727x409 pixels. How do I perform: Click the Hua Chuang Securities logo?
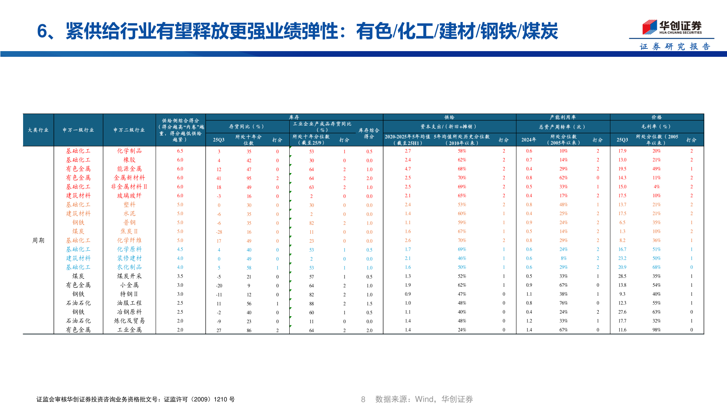tap(672, 27)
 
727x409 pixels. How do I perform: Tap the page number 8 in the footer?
tap(363, 399)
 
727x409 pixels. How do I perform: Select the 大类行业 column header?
tap(38, 130)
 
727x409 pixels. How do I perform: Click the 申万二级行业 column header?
tap(129, 130)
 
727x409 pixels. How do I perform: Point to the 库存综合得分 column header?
tap(369, 133)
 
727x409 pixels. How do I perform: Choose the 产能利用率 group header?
tap(563, 117)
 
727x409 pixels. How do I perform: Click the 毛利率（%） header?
tap(657, 126)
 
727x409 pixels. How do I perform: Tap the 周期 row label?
tap(38, 240)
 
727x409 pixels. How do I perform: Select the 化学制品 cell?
tap(129, 151)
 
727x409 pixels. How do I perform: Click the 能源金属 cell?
tap(129, 169)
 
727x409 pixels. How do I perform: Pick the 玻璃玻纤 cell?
tap(129, 196)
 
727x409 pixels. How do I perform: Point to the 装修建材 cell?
tap(129, 258)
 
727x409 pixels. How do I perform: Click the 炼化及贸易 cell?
tap(129, 321)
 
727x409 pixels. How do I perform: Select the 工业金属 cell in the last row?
tap(129, 330)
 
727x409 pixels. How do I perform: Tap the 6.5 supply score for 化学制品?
tap(180, 151)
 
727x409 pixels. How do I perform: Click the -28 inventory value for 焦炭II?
tap(219, 232)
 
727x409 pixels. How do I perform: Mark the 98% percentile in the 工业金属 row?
tap(657, 330)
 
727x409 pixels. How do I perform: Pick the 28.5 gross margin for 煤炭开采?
tap(622, 276)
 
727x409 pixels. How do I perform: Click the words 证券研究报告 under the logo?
tap(675, 47)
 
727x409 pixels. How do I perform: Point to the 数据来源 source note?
tap(424, 399)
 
